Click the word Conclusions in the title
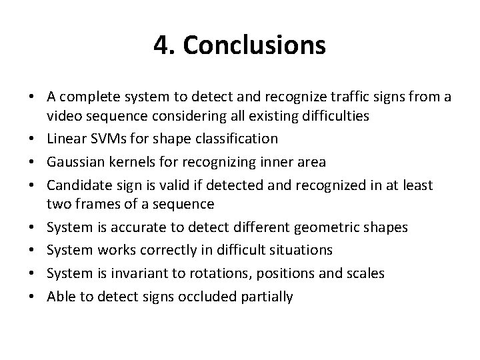[x=255, y=45]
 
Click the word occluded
[x=209, y=295]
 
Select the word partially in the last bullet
[x=268, y=295]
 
